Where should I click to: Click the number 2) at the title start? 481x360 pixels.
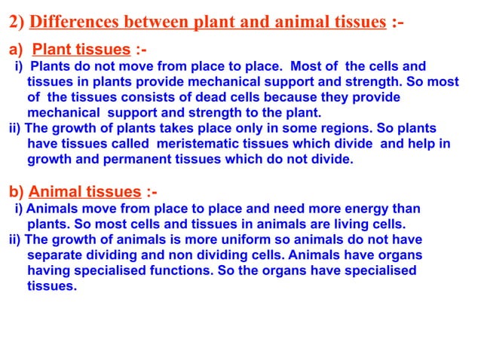[17, 21]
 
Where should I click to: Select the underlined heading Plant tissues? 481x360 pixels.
[81, 50]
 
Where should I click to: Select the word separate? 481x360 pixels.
[56, 255]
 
